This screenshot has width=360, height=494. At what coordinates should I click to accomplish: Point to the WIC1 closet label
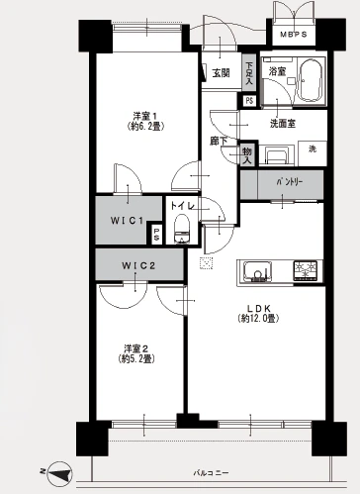pos(127,219)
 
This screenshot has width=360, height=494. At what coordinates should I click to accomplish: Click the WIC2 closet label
pos(138,265)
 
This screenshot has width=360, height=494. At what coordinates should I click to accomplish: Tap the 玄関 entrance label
pos(219,72)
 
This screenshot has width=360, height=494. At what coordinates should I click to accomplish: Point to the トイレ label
pos(181,205)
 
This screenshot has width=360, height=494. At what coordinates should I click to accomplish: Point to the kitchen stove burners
pos(305,270)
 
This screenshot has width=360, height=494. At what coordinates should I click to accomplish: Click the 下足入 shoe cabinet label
pos(247,73)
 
